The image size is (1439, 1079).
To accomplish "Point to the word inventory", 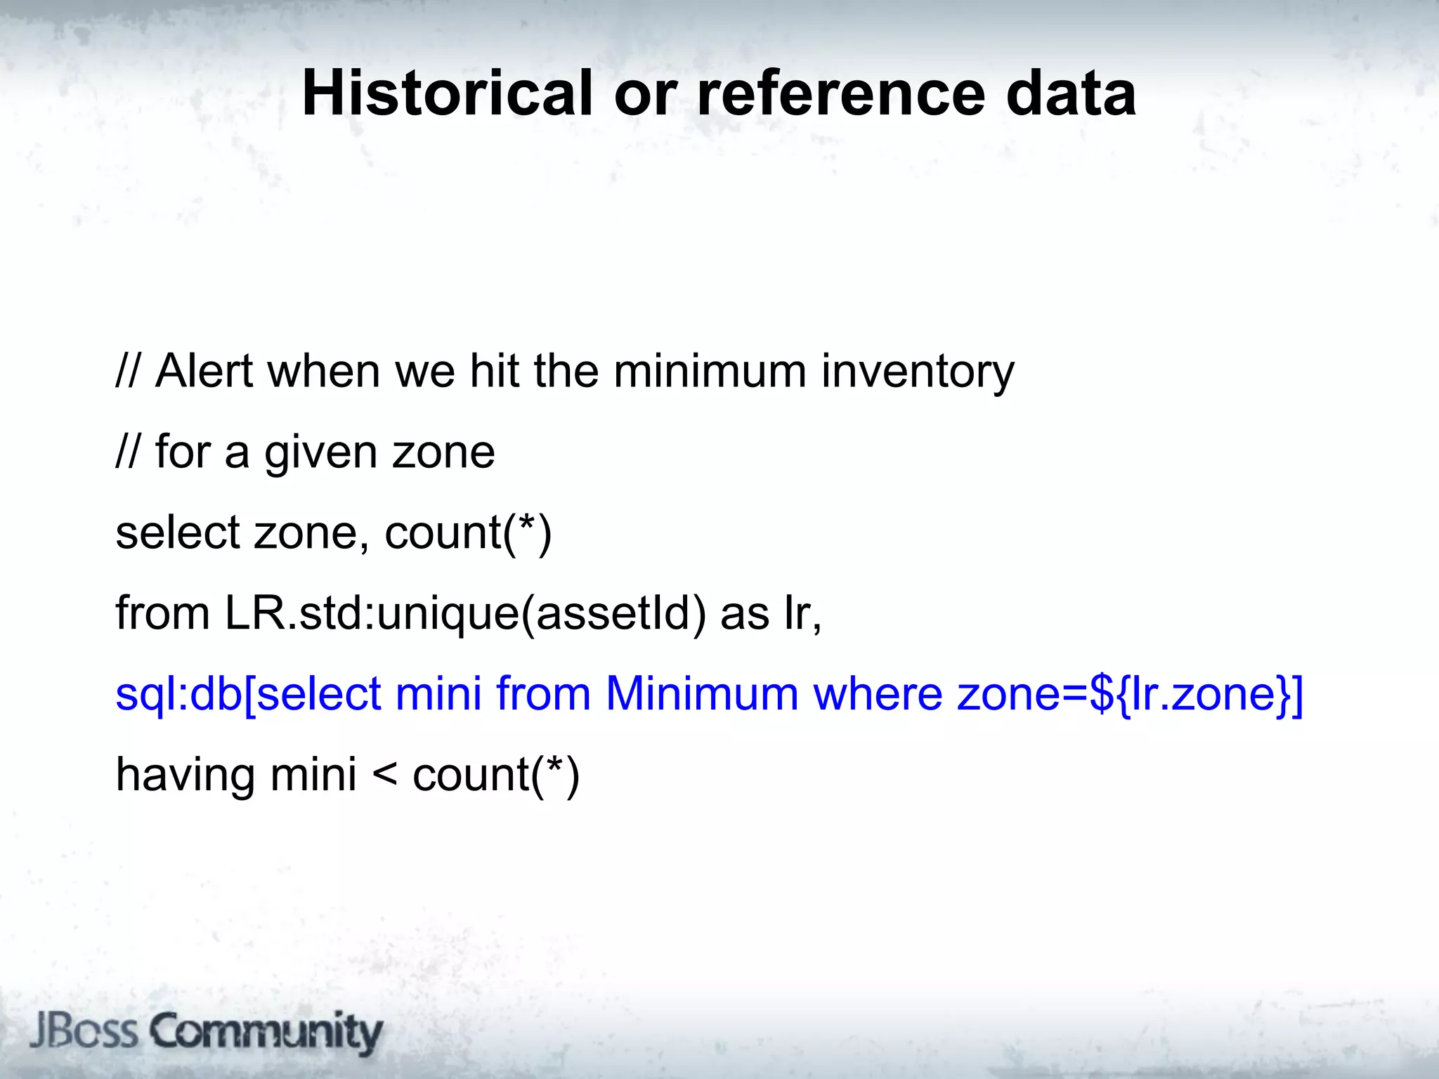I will (917, 372).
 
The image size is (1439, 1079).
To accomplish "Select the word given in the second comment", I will (320, 453).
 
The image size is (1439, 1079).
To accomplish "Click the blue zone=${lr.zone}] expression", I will (1129, 695).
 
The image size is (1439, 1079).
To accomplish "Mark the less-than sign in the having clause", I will (384, 776).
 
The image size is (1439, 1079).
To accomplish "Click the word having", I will (185, 775).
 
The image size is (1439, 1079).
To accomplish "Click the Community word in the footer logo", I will (266, 1033).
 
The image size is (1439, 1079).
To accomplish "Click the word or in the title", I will (645, 95).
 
